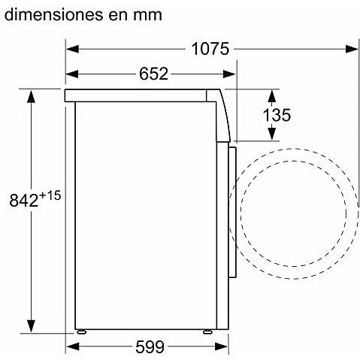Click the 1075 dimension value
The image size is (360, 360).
210,49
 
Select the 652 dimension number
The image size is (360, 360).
153,74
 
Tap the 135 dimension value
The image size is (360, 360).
277,115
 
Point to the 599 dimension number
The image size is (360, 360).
150,347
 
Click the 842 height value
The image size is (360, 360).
24,201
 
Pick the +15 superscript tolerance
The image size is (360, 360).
50,195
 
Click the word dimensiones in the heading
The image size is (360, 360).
53,15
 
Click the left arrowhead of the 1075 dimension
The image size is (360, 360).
72,49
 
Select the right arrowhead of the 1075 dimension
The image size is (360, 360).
352,49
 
